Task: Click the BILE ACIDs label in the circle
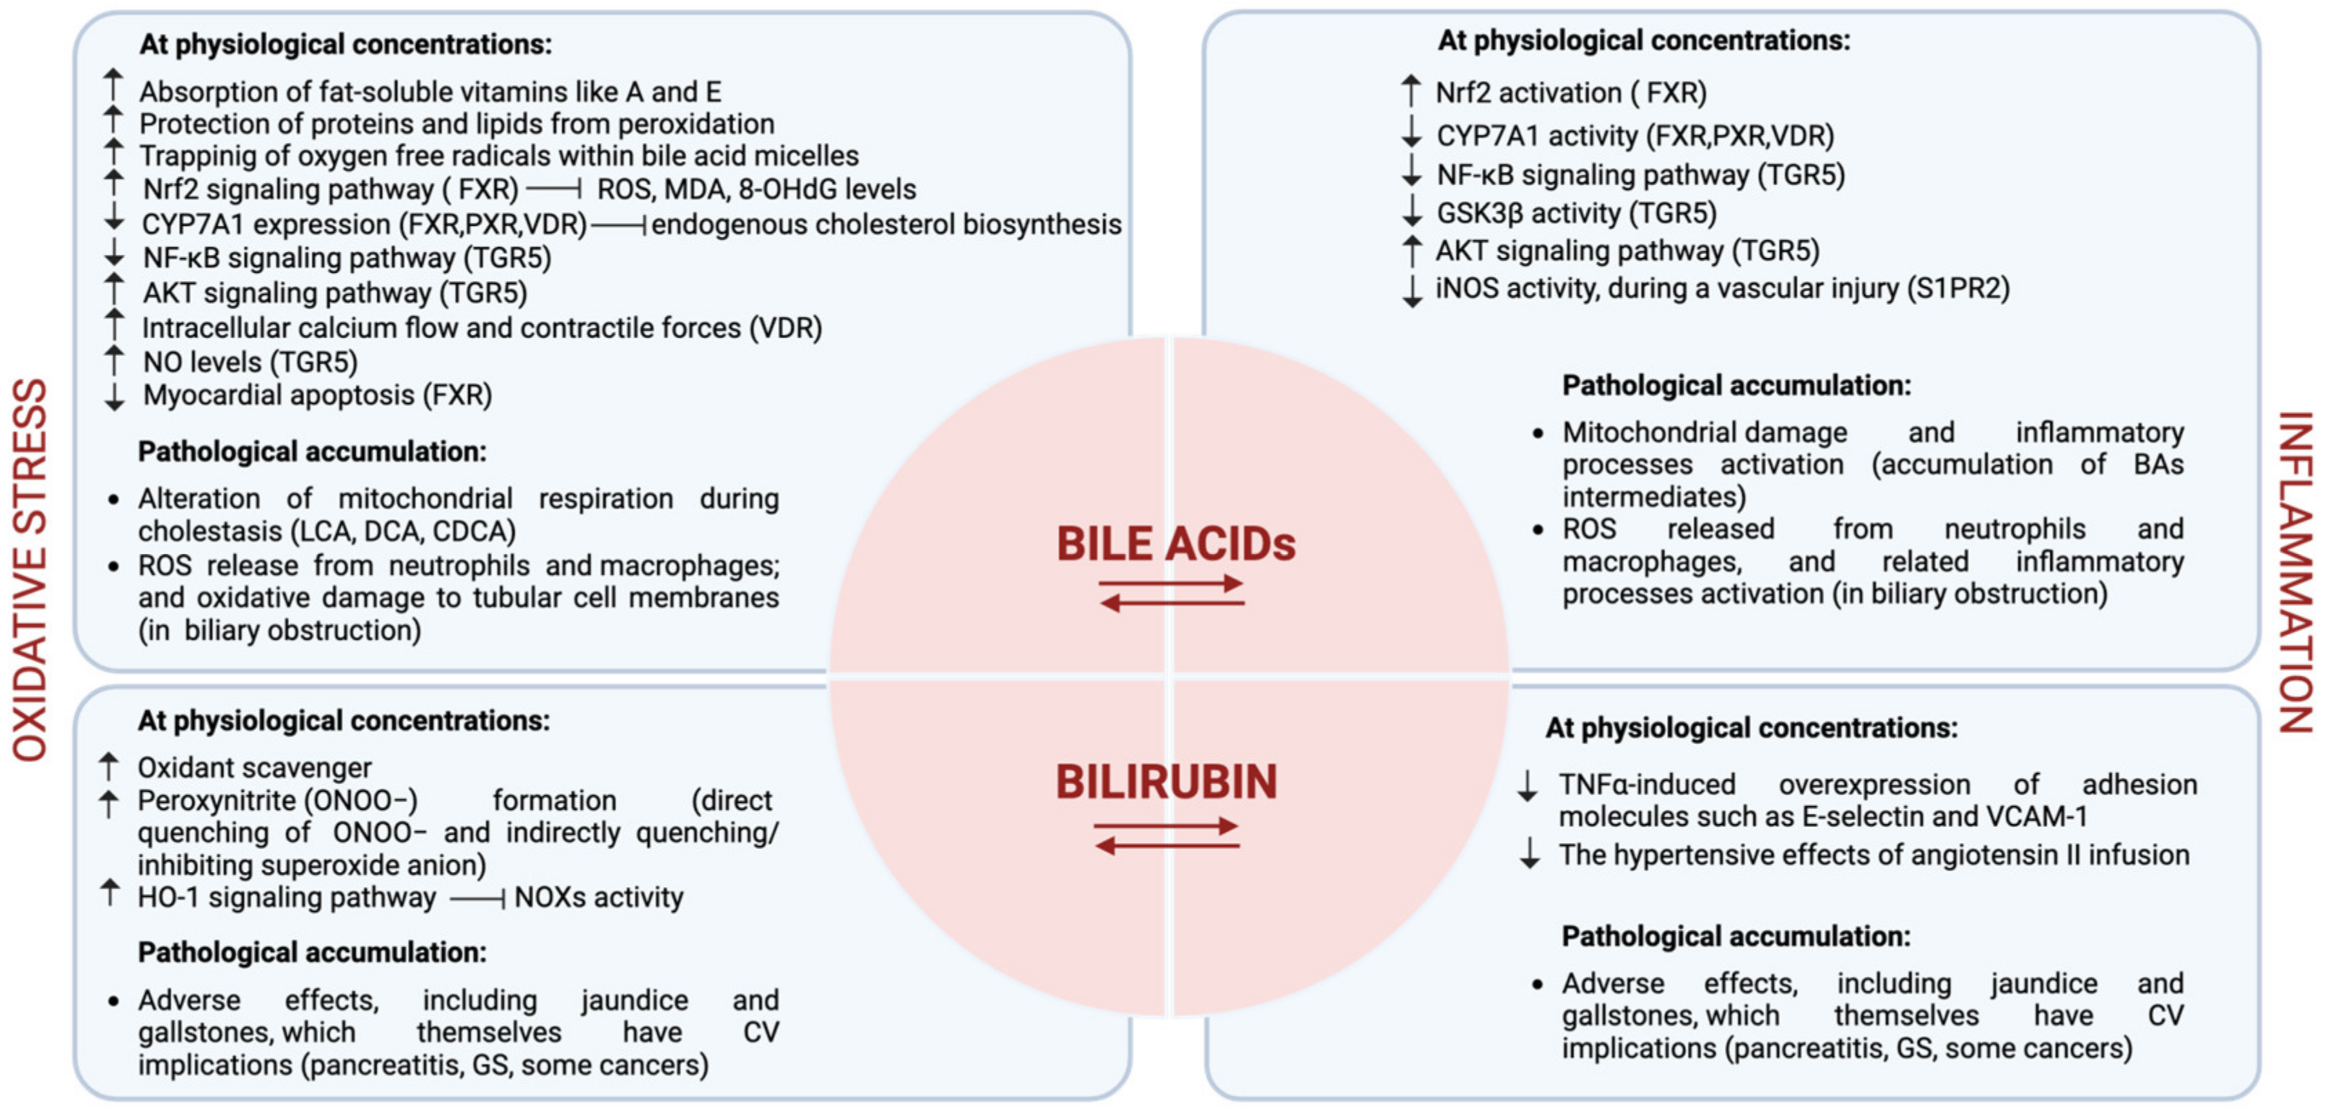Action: (1175, 545)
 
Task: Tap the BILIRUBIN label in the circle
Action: (1166, 782)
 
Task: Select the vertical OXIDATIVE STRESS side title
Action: (30, 569)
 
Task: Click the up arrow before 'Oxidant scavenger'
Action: (108, 767)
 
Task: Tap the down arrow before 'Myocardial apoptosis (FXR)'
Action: (114, 396)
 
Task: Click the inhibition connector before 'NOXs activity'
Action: (477, 899)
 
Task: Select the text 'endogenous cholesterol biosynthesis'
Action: (886, 224)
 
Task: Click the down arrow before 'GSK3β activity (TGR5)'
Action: (1411, 212)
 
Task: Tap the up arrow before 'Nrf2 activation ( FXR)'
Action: (1410, 91)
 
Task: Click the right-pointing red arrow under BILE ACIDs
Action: (1171, 583)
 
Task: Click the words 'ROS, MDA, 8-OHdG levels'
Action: (756, 190)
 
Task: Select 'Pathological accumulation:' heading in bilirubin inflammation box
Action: (1735, 937)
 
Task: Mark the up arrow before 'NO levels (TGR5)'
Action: (114, 361)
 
